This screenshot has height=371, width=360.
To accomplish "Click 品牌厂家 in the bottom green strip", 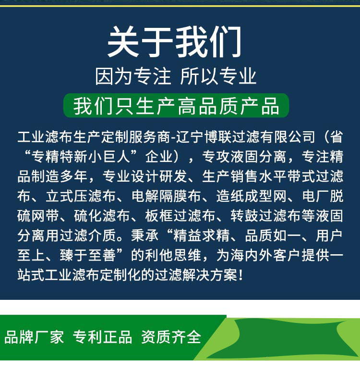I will pos(34,337).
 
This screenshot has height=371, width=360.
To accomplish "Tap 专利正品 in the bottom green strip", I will pos(102,337).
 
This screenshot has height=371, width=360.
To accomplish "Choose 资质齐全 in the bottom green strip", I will pos(171,337).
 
